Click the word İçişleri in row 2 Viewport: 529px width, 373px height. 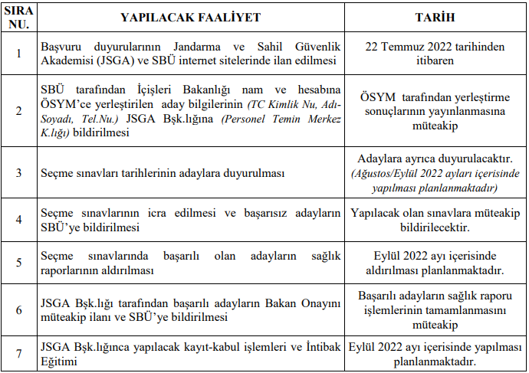141,90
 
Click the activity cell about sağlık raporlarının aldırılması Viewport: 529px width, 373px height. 190,263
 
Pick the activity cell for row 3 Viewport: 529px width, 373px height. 190,173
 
